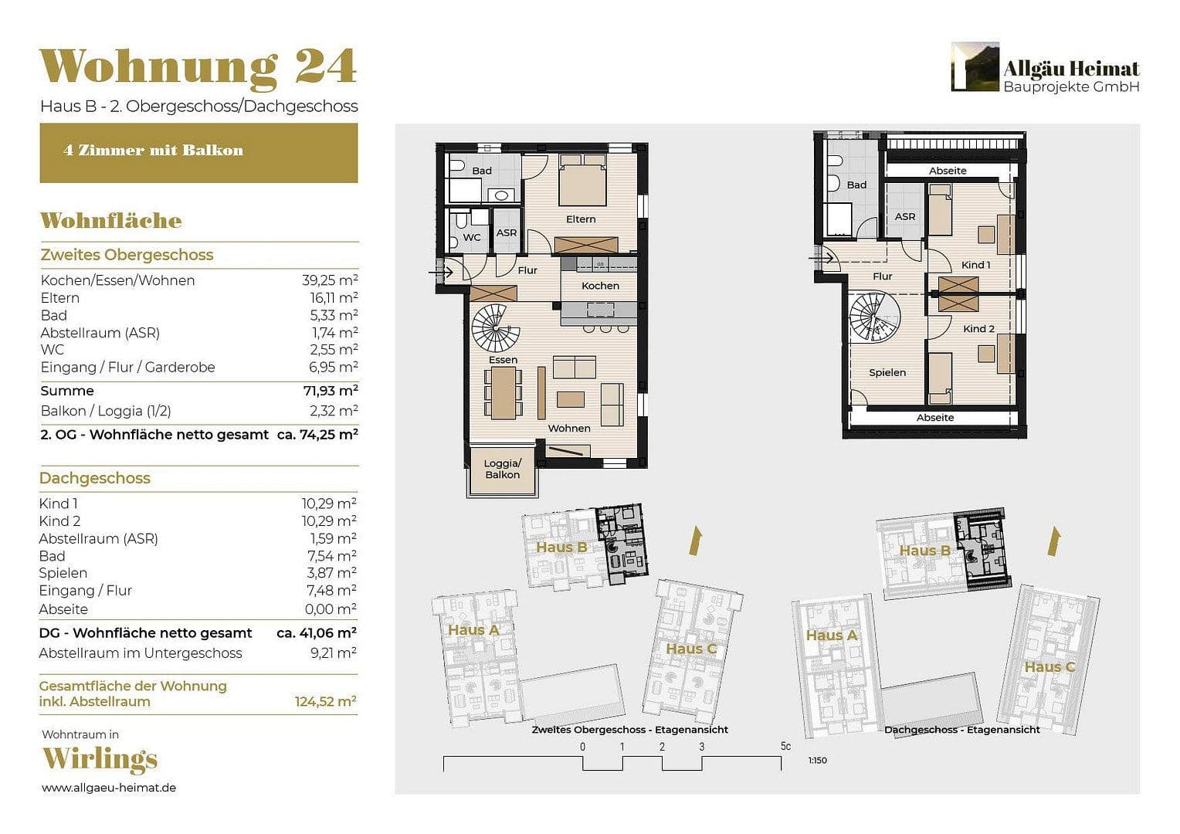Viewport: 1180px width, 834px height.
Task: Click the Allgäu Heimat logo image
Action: pyautogui.click(x=975, y=66)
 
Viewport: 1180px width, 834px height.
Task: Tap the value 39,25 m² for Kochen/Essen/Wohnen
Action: pyautogui.click(x=330, y=280)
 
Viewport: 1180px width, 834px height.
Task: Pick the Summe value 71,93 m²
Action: pyautogui.click(x=330, y=391)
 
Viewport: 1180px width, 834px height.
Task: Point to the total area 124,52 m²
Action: pyautogui.click(x=325, y=702)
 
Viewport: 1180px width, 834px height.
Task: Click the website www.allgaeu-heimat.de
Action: pyautogui.click(x=109, y=788)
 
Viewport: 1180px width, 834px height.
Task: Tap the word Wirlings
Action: pyautogui.click(x=100, y=759)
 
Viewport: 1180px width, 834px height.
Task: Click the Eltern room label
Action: pyautogui.click(x=581, y=219)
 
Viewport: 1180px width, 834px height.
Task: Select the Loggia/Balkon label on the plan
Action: pyautogui.click(x=503, y=470)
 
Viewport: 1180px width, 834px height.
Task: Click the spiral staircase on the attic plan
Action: pyautogui.click(x=875, y=316)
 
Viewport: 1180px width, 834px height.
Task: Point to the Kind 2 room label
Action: pyautogui.click(x=978, y=329)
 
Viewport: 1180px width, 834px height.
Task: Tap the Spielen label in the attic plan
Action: pyautogui.click(x=887, y=373)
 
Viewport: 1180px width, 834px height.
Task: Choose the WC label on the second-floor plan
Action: pyautogui.click(x=472, y=238)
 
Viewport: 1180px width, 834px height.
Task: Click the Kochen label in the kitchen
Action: pyautogui.click(x=600, y=286)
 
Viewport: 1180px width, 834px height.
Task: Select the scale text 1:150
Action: pyautogui.click(x=817, y=761)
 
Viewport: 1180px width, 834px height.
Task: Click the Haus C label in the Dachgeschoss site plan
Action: pyautogui.click(x=1049, y=667)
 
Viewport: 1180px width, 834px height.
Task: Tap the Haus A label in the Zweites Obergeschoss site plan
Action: pyautogui.click(x=473, y=630)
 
